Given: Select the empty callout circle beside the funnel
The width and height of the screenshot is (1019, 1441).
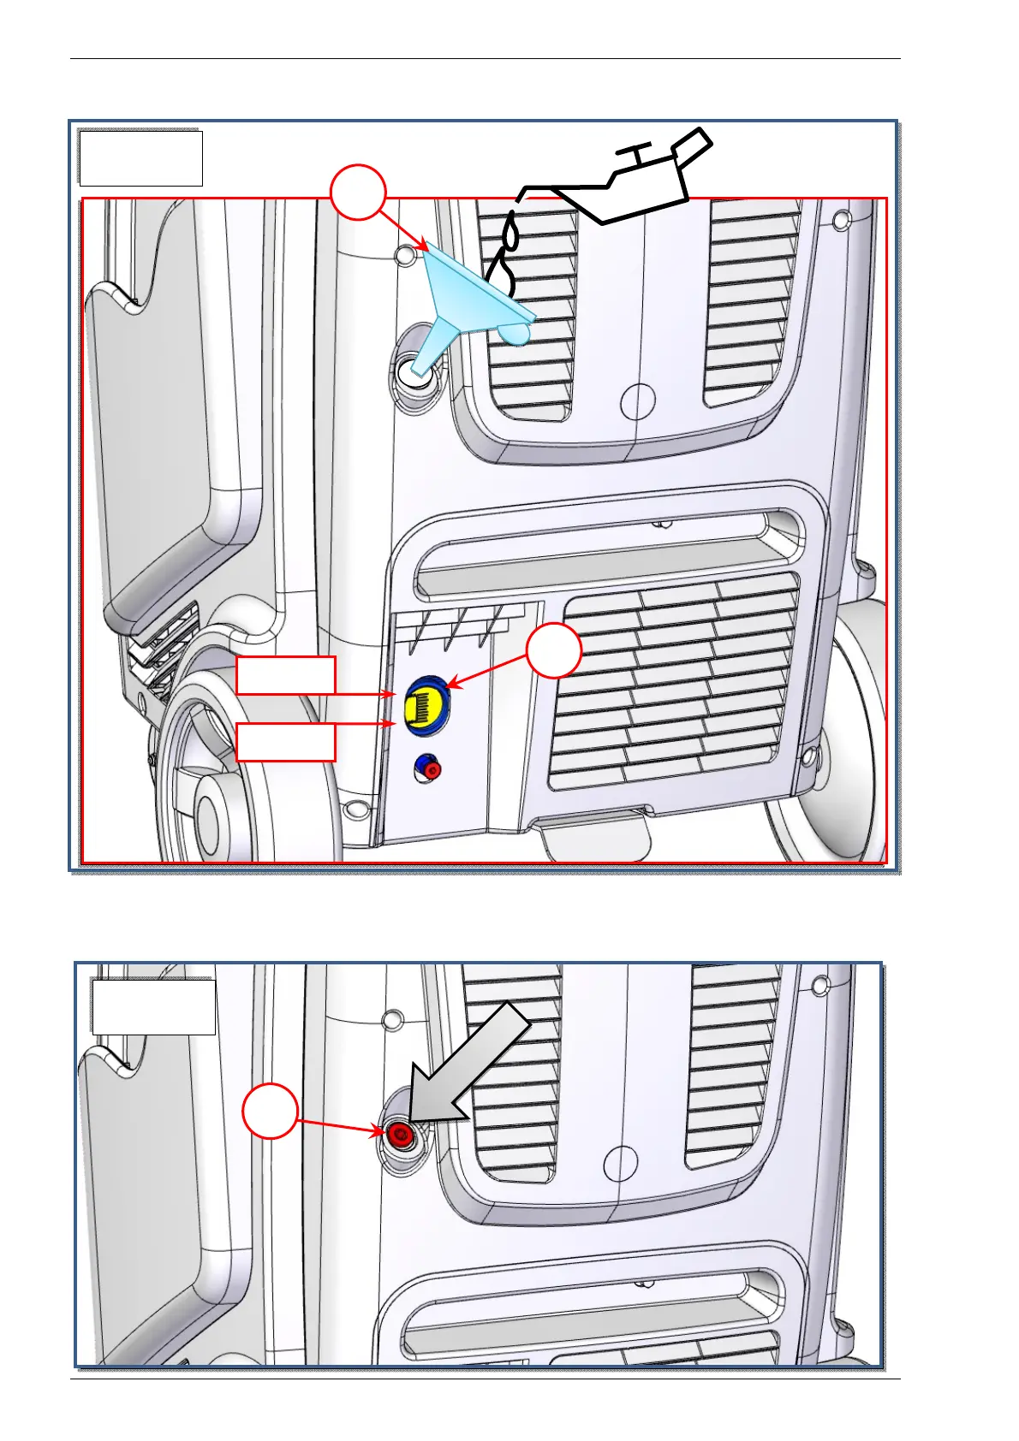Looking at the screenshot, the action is pyautogui.click(x=358, y=193).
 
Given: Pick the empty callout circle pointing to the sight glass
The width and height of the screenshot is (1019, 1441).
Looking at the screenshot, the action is pyautogui.click(x=554, y=651).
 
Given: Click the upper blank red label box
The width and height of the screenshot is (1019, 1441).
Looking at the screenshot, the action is pyautogui.click(x=285, y=675).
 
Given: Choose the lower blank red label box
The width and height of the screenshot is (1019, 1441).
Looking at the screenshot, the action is pyautogui.click(x=285, y=742).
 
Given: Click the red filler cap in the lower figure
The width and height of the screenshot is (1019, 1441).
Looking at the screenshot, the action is pyautogui.click(x=399, y=1136).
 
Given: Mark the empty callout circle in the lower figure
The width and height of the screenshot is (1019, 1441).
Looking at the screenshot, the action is pyautogui.click(x=270, y=1112).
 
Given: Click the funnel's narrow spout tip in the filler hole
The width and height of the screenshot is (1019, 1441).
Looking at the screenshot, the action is pyautogui.click(x=421, y=369).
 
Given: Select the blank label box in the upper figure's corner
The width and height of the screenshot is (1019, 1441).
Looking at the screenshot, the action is pyautogui.click(x=140, y=158).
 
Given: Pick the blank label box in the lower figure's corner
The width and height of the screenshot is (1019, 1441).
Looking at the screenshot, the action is pyautogui.click(x=153, y=1007).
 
